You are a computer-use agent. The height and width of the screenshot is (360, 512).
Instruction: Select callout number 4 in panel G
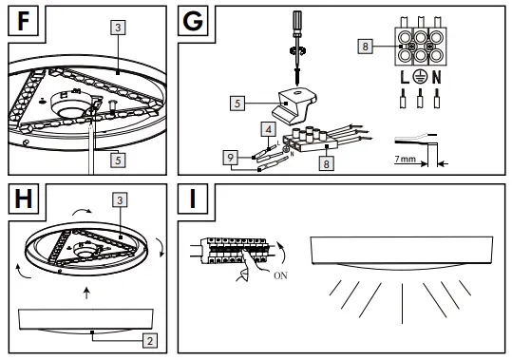click(270, 126)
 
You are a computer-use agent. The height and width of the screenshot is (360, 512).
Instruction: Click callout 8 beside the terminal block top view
click(366, 45)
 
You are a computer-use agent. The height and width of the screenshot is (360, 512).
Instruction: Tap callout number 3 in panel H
click(120, 200)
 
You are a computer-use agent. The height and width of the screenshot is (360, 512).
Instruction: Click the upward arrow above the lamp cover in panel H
click(86, 294)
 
